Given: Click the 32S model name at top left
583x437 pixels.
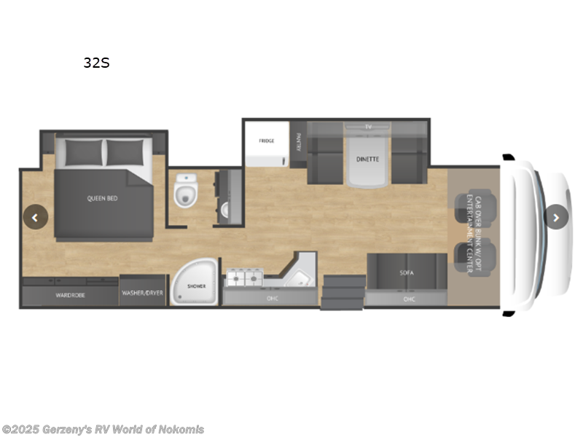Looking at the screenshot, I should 96,63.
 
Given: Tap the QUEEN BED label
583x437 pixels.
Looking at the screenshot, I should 103,197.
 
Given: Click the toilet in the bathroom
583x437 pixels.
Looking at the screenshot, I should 187,193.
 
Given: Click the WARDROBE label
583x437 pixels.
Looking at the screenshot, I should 71,295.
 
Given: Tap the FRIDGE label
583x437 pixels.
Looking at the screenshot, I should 265,141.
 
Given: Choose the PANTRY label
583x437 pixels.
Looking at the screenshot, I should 299,141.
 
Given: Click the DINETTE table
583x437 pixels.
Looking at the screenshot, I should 367,159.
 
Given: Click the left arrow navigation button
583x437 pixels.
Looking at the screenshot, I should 35,216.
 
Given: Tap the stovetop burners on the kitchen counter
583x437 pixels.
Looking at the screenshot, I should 246,277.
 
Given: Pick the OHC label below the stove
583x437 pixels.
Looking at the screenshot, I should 271,298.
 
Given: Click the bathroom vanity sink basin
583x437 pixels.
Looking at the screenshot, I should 224,210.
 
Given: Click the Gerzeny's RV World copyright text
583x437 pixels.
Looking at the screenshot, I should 103,430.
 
